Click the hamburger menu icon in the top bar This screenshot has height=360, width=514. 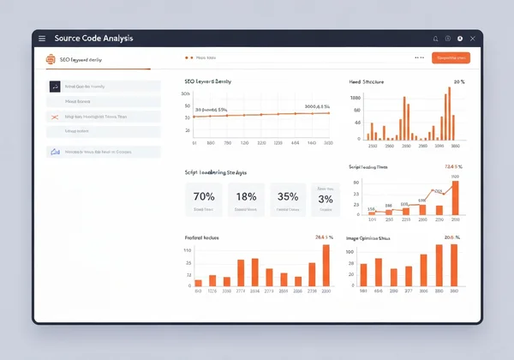42,39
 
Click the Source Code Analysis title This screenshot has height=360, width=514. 93,39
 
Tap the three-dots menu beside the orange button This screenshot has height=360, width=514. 419,58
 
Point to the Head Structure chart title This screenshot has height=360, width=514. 367,81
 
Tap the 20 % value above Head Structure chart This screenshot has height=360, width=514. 458,81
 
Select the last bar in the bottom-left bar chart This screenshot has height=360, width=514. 326,265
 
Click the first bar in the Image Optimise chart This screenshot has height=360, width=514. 363,274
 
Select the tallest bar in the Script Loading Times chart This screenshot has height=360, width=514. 455,197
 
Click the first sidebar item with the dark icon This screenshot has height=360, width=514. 103,87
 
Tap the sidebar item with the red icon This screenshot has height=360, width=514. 103,117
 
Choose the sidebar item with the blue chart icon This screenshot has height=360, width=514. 103,152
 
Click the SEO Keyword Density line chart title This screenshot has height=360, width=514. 207,81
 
